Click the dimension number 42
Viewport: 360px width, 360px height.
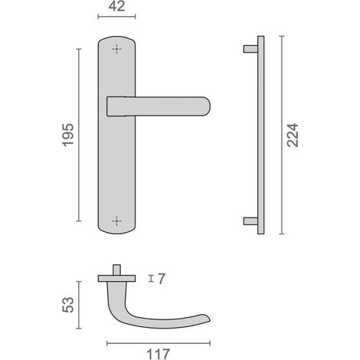[x=116, y=6]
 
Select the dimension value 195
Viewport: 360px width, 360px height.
[x=68, y=135]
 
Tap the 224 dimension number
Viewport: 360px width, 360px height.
[x=293, y=135]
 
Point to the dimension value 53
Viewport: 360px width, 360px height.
[x=68, y=305]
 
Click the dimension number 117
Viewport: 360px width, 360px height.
[x=158, y=354]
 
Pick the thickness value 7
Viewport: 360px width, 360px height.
[x=162, y=279]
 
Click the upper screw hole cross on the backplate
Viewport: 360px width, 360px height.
[x=116, y=49]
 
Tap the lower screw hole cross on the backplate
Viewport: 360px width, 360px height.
[x=116, y=221]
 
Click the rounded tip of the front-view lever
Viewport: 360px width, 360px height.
[x=210, y=106]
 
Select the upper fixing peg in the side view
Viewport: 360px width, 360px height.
[x=250, y=49]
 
